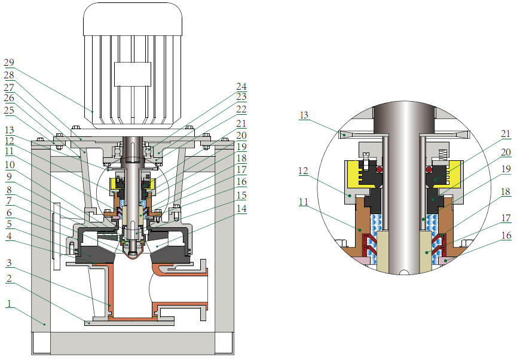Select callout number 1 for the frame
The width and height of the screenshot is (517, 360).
(x=8, y=303)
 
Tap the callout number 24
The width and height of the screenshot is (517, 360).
(x=242, y=87)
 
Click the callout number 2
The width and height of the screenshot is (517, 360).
(x=8, y=279)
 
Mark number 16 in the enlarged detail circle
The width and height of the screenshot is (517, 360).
(x=489, y=236)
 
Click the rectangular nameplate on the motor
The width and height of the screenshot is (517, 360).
(x=133, y=74)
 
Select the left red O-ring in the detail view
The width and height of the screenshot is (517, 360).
(x=378, y=170)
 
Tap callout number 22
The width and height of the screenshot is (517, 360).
(x=242, y=111)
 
